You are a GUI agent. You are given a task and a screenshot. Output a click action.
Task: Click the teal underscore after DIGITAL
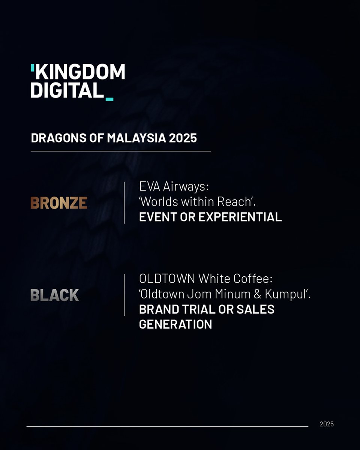click(109, 99)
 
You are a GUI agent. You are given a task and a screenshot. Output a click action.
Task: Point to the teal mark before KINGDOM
click(33, 67)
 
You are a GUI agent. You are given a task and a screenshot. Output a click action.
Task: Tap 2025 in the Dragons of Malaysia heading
click(183, 138)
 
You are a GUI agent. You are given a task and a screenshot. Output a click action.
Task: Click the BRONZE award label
click(59, 203)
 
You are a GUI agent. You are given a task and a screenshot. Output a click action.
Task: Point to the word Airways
click(187, 187)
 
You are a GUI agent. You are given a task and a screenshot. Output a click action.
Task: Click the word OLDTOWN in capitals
click(167, 279)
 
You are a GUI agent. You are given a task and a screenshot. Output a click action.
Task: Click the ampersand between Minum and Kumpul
click(258, 294)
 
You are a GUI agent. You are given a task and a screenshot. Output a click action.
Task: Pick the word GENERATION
click(175, 324)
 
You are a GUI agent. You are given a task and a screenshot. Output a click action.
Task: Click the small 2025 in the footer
click(327, 424)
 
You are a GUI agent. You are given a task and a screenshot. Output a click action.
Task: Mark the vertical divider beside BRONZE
click(124, 202)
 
